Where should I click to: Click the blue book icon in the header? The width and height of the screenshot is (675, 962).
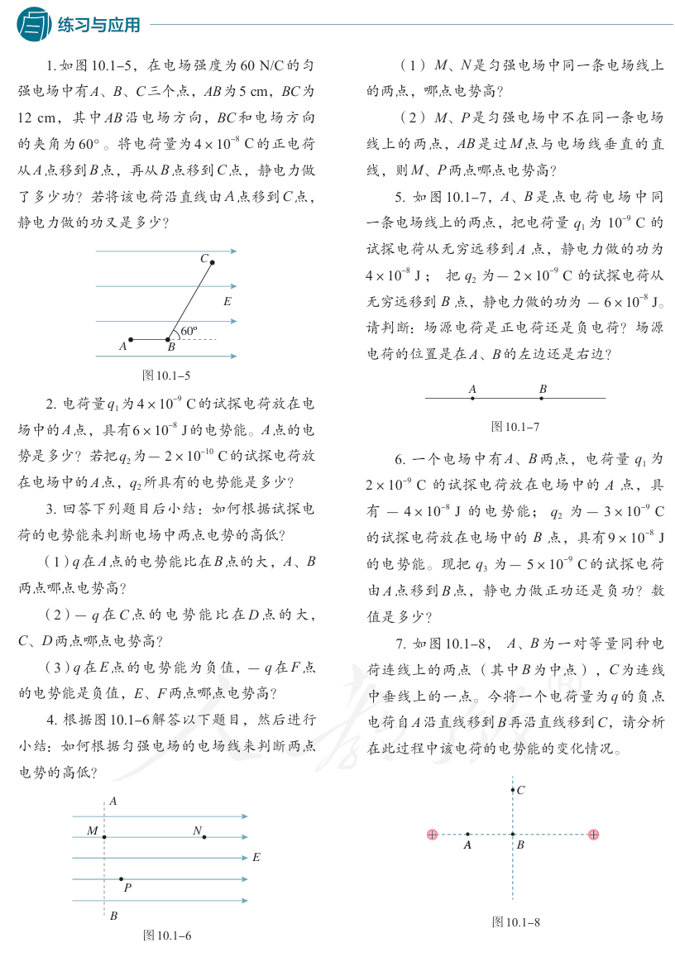point(33,24)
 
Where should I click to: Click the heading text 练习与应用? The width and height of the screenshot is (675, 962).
point(99,25)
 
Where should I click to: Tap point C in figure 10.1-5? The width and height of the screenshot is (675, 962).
point(212,263)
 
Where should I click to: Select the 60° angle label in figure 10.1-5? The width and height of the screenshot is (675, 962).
point(189,331)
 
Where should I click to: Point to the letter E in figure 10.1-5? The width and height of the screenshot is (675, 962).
point(227,302)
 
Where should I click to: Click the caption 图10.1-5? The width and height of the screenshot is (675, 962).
point(167,376)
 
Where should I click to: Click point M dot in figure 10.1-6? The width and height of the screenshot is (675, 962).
point(104,837)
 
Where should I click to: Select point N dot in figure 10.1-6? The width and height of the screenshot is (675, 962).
point(204,837)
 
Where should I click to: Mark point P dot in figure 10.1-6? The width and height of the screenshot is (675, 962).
point(122,878)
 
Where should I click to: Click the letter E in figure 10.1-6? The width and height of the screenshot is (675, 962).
point(256,858)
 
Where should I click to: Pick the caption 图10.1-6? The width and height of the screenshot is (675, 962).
point(167,935)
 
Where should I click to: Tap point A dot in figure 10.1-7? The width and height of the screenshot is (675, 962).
point(472,398)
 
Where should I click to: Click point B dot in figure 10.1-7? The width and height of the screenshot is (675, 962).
point(542,398)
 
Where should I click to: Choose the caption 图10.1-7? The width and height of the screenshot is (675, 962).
point(515,427)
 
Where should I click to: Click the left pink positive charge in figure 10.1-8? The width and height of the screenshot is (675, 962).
point(432,835)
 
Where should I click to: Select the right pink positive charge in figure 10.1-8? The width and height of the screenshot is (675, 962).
point(593,835)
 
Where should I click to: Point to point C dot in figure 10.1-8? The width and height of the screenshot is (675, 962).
point(513,791)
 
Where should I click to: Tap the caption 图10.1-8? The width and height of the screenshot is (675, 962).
point(515,921)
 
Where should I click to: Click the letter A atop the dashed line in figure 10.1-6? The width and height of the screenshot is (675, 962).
point(113,801)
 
